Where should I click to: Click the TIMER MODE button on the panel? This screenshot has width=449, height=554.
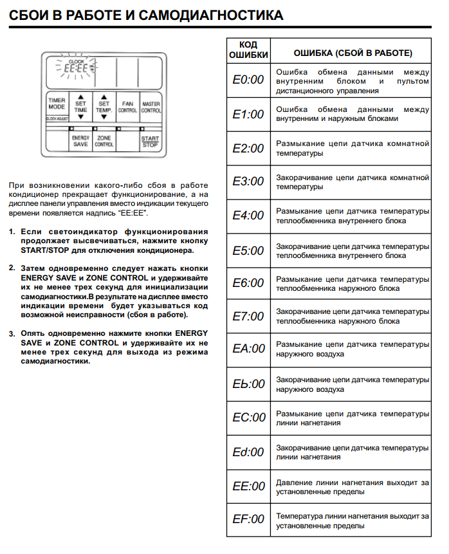(x=57, y=107)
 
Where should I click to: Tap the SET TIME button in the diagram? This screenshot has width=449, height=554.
(x=80, y=107)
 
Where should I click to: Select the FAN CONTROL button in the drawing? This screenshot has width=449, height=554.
(x=127, y=107)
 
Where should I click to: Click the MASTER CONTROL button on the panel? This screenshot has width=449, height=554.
(x=151, y=107)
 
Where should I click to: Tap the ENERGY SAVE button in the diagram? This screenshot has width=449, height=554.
(x=80, y=141)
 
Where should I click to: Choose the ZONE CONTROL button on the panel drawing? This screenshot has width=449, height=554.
(x=104, y=141)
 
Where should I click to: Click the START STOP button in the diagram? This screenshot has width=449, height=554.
(x=151, y=141)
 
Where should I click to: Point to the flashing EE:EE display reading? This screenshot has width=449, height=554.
(x=76, y=67)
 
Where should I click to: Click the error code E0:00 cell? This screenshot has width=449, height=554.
(x=248, y=80)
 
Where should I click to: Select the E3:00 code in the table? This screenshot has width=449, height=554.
(x=248, y=181)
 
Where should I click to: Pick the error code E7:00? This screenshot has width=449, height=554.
(x=248, y=316)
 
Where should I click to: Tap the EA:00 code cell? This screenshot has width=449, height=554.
(x=248, y=349)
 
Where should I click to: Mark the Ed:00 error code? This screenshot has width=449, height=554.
(x=248, y=452)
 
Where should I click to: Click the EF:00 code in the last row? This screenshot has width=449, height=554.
(x=248, y=519)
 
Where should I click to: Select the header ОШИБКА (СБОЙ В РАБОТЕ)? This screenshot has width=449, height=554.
(x=353, y=51)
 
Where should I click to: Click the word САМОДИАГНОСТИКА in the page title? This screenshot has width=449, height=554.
(x=208, y=14)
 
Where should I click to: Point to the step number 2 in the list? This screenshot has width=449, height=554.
(x=12, y=267)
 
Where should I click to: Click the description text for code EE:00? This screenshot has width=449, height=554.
(x=353, y=486)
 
